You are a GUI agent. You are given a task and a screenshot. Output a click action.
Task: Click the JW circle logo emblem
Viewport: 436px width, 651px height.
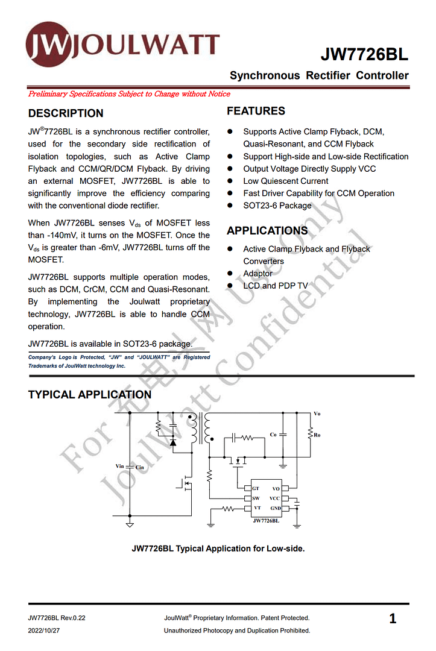pyautogui.click(x=48, y=44)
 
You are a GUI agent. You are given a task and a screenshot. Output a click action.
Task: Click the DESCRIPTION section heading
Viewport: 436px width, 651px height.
pyautogui.click(x=66, y=113)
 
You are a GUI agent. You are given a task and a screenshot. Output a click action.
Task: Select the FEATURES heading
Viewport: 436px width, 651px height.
pyautogui.click(x=256, y=111)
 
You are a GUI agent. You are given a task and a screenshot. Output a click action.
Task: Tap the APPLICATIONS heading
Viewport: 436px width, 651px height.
pyautogui.click(x=267, y=231)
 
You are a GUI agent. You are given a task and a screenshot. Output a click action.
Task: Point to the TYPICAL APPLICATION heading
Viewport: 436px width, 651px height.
pyautogui.click(x=90, y=395)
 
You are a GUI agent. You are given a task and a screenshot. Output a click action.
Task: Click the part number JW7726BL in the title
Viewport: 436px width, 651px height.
pyautogui.click(x=364, y=55)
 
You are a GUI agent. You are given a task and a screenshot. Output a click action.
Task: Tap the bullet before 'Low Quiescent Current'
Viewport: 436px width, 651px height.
pyautogui.click(x=230, y=181)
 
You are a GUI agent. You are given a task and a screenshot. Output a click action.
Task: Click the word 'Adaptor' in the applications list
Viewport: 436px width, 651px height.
pyautogui.click(x=257, y=274)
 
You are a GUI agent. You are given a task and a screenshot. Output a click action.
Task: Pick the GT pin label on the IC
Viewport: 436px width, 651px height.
pyautogui.click(x=256, y=488)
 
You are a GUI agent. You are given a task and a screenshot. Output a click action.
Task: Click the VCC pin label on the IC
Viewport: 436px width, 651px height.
pyautogui.click(x=274, y=498)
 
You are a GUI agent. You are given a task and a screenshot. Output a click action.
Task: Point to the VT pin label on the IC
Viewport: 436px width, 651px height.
pyautogui.click(x=257, y=508)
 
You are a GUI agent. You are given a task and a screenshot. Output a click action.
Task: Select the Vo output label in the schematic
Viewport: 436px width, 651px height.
pyautogui.click(x=317, y=414)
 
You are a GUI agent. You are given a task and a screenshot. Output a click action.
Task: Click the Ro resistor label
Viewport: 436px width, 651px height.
pyautogui.click(x=317, y=435)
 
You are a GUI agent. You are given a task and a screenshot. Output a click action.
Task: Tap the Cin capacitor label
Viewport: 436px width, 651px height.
pyautogui.click(x=139, y=467)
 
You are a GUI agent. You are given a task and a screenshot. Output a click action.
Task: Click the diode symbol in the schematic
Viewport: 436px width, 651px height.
pyautogui.click(x=173, y=442)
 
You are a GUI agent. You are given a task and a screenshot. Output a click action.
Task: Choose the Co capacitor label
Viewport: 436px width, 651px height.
pyautogui.click(x=273, y=434)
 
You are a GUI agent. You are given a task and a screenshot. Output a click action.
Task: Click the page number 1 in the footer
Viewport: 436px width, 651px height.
pyautogui.click(x=393, y=619)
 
